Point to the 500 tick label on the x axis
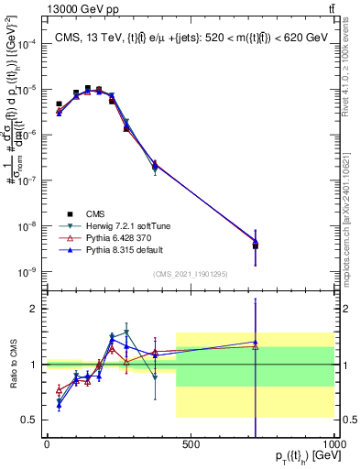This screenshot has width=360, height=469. (x=191, y=444)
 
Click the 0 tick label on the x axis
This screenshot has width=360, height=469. (x=47, y=444)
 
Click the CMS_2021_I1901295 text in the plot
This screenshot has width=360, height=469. (x=190, y=274)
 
